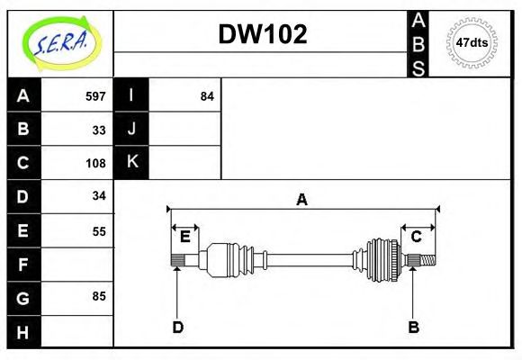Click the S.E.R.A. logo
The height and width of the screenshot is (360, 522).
59,43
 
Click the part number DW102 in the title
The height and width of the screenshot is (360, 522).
263,34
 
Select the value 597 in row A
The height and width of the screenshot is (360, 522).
95,96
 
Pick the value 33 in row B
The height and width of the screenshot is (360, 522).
99,130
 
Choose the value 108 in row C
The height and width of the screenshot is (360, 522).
95,163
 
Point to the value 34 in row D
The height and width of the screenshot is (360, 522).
99,195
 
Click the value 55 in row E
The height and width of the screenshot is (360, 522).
99,230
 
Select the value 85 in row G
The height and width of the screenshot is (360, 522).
99,296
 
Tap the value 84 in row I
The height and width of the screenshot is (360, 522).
207,96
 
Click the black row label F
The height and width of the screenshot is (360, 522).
23,264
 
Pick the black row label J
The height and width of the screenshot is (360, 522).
131,129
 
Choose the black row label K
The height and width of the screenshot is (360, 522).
131,162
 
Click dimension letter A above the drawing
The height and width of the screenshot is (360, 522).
302,200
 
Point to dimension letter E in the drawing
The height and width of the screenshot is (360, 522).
185,237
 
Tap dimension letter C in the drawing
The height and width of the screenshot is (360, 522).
417,237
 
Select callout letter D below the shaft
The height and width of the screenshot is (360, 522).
177,327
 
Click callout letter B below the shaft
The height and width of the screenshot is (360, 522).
413,327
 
